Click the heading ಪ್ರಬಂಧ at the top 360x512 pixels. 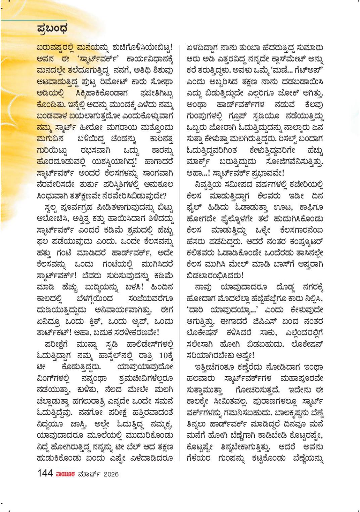tap(52, 29)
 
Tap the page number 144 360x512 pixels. tap(45, 473)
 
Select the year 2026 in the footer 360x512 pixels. tap(111, 474)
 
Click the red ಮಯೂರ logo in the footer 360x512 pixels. tap(65, 474)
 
